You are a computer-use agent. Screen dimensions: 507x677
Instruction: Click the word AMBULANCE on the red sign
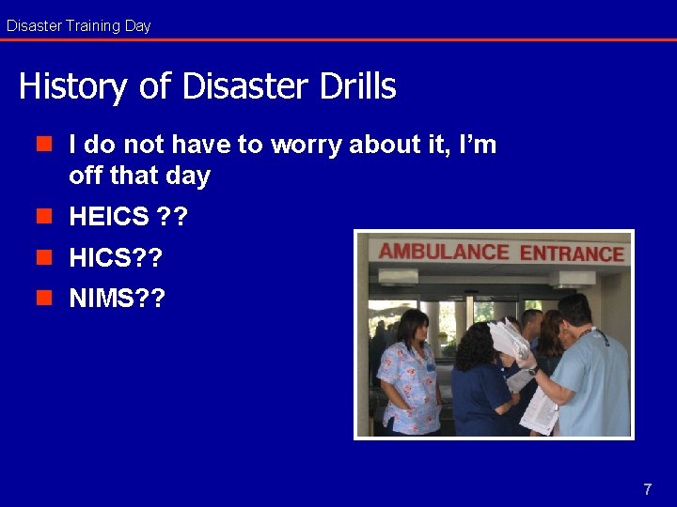pyautogui.click(x=443, y=252)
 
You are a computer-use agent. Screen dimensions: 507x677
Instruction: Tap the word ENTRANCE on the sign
pyautogui.click(x=572, y=253)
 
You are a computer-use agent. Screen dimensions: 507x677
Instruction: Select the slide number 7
pyautogui.click(x=647, y=489)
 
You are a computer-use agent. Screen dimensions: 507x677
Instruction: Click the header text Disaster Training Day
pyautogui.click(x=78, y=25)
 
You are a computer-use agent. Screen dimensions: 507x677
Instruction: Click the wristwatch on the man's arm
pyautogui.click(x=533, y=370)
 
